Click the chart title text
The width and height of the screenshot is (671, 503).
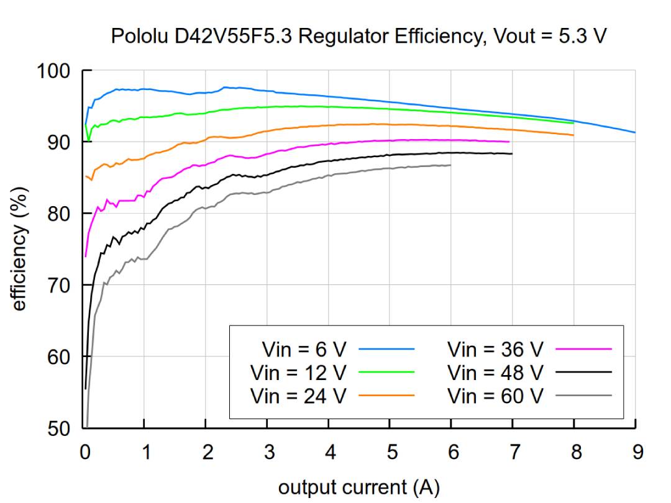point(358,36)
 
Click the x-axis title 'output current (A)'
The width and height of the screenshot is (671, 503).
point(358,487)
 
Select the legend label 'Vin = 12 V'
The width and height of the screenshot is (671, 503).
point(298,373)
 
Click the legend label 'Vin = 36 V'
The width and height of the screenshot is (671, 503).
point(495,350)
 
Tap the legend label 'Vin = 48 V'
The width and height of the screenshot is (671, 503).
point(495,373)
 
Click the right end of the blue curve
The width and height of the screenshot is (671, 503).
point(635,132)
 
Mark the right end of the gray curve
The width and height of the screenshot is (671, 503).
point(450,165)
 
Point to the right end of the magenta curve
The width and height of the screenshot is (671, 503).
point(509,142)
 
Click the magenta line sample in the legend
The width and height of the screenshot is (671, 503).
point(583,350)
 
